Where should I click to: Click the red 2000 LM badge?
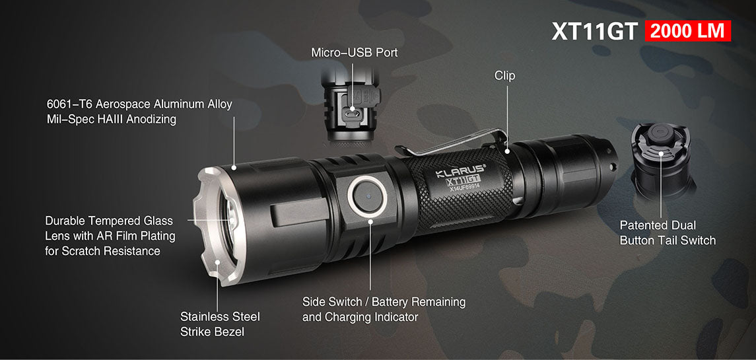click(x=687, y=31)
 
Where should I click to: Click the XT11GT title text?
click(x=595, y=31)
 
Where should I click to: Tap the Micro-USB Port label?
click(x=355, y=53)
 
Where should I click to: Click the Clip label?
click(x=505, y=76)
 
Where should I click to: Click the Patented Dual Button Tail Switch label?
click(x=668, y=233)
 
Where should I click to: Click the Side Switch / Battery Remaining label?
click(x=384, y=302)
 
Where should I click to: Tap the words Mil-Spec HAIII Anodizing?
click(x=112, y=119)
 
